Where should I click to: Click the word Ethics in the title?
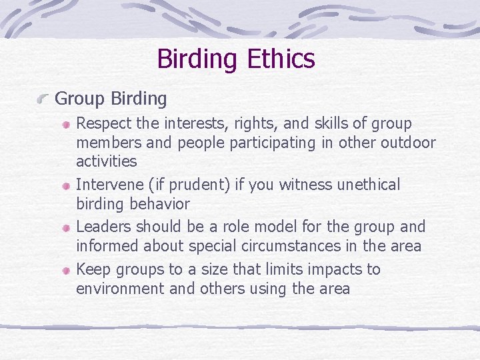tap(281, 59)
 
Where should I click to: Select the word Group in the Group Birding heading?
tap(79, 99)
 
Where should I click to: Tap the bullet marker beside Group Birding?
tap(43, 99)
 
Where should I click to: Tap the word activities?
tap(106, 161)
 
